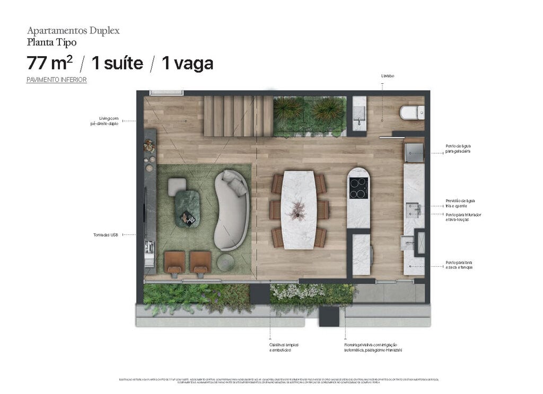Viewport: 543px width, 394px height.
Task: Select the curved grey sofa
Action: tap(232, 210)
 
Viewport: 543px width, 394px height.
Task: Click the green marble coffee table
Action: tap(187, 208)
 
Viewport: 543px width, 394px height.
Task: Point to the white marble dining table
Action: tap(299, 209)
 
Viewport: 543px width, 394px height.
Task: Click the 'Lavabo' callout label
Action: tap(387, 76)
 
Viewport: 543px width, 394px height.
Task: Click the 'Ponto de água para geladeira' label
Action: tap(458, 148)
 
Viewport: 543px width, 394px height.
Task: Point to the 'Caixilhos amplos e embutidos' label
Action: tap(280, 348)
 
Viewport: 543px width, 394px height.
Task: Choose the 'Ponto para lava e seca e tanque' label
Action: tap(459, 265)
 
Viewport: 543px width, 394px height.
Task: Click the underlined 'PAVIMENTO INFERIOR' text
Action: tap(57, 80)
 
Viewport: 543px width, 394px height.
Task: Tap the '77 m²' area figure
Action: tap(50, 63)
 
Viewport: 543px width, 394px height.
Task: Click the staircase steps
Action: tap(238, 115)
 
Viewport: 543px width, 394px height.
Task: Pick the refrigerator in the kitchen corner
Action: tap(414, 152)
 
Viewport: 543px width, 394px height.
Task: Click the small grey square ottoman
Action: tap(177, 186)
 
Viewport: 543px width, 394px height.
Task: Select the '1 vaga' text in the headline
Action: tap(187, 63)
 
